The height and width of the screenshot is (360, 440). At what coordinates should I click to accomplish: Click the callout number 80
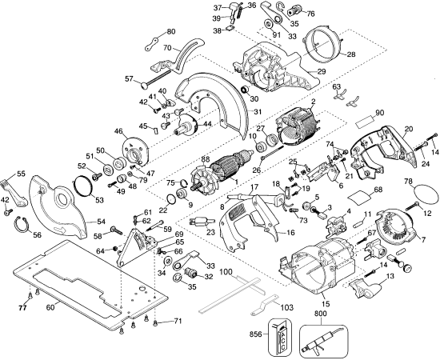[170, 32]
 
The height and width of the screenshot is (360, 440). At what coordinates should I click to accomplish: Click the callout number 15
[323, 305]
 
